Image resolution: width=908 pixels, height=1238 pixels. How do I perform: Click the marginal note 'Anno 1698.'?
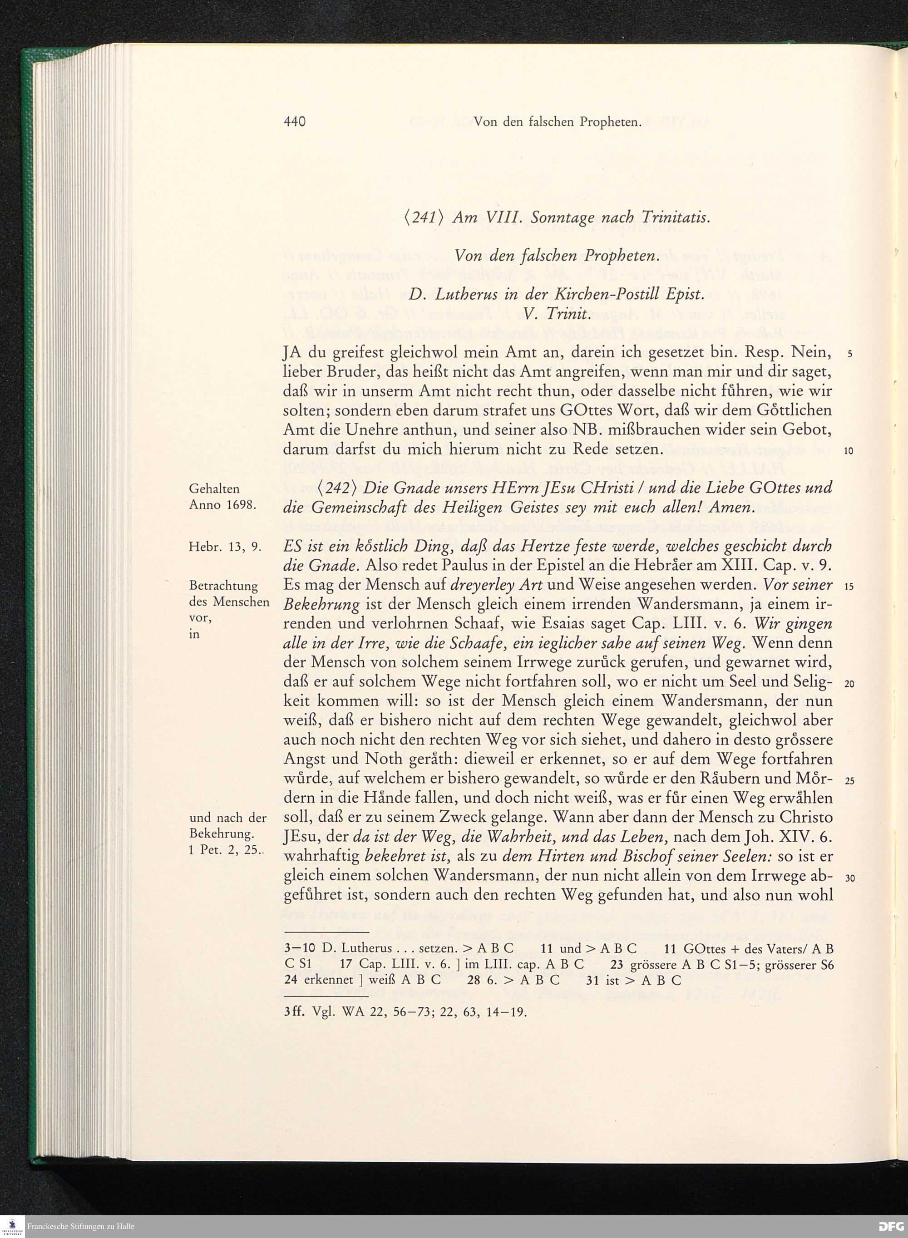click(222, 504)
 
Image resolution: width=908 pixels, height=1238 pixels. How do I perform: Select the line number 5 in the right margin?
click(849, 354)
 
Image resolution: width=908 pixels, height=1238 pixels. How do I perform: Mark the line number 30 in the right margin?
click(849, 878)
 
